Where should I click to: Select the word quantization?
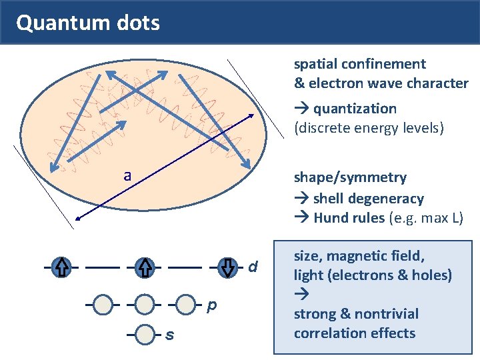tap(355, 109)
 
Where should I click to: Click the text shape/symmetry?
tap(350, 177)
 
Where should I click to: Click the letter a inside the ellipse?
tap(127, 176)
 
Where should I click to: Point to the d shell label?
tap(253, 267)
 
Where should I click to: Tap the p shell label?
tap(211, 305)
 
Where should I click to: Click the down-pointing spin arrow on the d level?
tap(228, 267)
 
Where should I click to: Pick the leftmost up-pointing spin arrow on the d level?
tap(61, 267)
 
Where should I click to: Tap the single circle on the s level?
tap(145, 334)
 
